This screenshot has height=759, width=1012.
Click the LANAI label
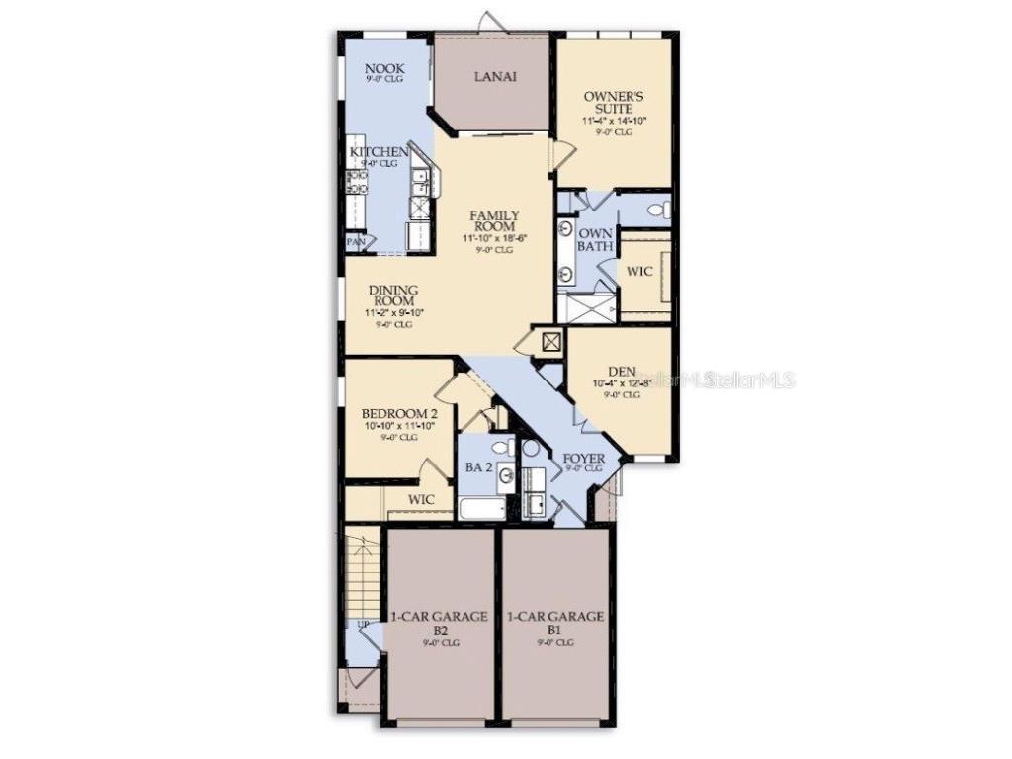[493, 76]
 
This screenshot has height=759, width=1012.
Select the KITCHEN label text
[379, 152]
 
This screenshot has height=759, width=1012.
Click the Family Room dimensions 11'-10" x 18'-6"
[493, 238]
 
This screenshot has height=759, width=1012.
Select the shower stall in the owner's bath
[586, 307]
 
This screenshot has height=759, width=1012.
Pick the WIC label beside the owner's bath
[639, 271]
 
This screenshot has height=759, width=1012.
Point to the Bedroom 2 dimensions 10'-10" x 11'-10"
[399, 426]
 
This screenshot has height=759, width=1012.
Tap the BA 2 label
[478, 466]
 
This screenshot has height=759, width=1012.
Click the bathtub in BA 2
[483, 508]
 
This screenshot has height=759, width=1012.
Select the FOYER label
[583, 459]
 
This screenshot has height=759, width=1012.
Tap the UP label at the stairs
[363, 625]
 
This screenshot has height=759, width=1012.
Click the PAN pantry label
[354, 241]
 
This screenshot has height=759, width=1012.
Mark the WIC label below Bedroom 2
[422, 500]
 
